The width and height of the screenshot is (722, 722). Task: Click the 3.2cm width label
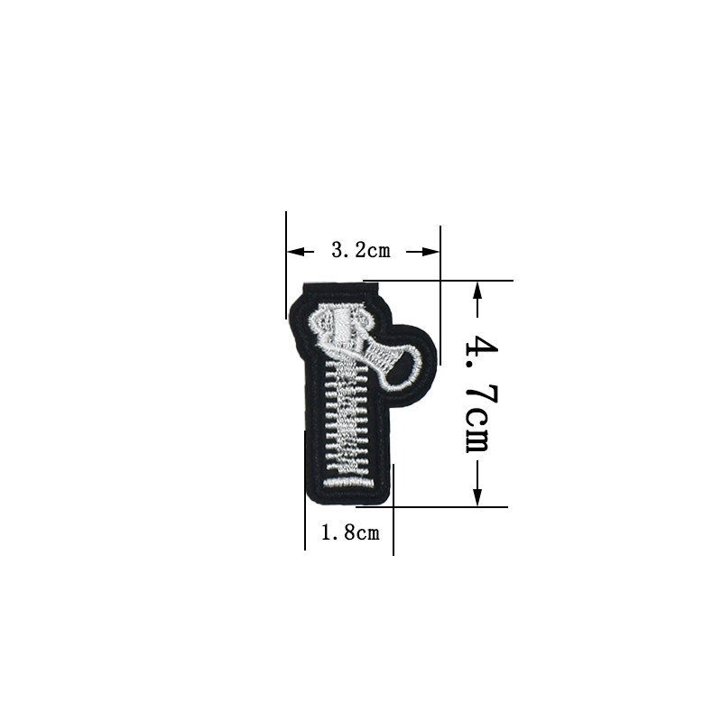pyautogui.click(x=360, y=251)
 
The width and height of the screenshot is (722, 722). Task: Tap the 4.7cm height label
pyautogui.click(x=481, y=393)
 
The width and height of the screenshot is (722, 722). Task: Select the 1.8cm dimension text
pyautogui.click(x=350, y=532)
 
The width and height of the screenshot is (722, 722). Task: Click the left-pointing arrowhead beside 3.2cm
pyautogui.click(x=295, y=252)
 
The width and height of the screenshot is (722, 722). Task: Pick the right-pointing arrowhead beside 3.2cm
pyautogui.click(x=431, y=252)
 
